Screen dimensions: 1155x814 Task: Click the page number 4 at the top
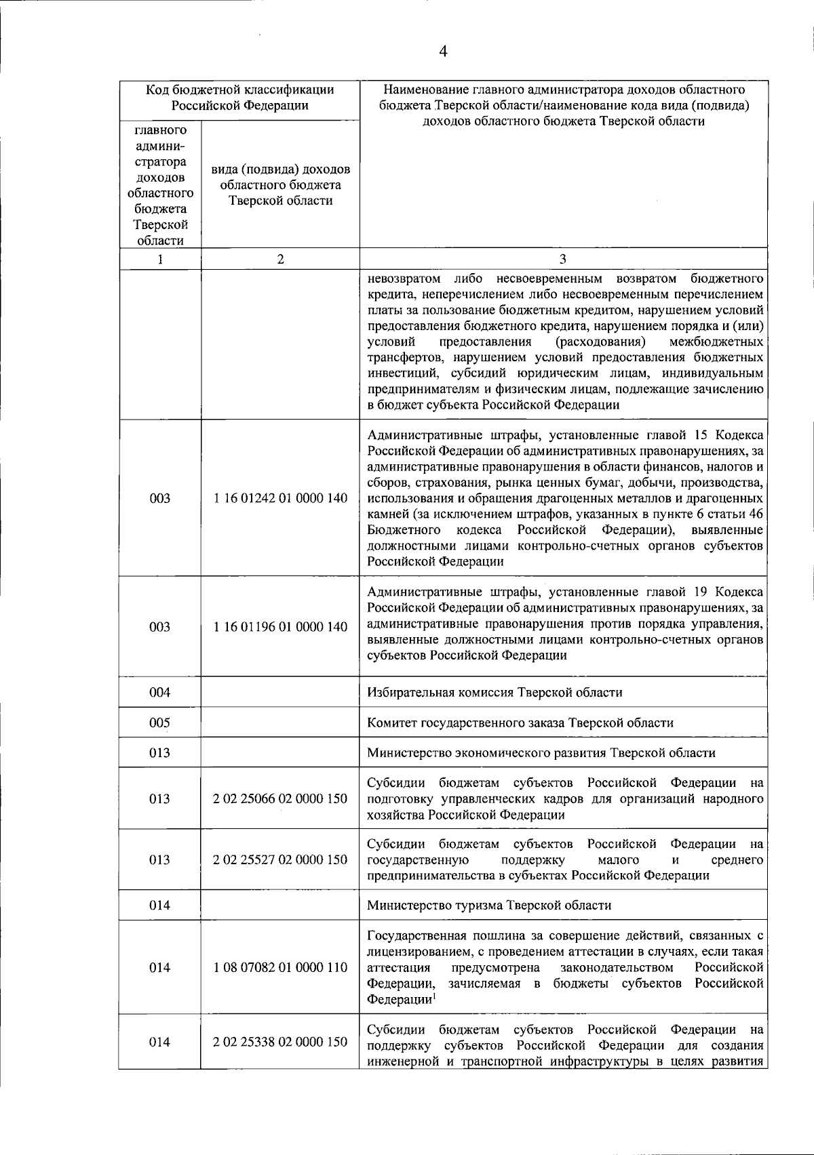(x=444, y=52)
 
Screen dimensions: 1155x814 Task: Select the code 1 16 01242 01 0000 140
(x=280, y=498)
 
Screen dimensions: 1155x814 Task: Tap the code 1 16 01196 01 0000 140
(x=280, y=627)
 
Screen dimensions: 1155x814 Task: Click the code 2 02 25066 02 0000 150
(x=280, y=798)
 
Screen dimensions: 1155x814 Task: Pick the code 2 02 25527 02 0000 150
(x=280, y=859)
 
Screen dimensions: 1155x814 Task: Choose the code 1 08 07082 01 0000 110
(x=280, y=967)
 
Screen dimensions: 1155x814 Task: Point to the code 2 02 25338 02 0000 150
(x=280, y=1042)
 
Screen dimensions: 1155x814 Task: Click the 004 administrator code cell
(x=159, y=692)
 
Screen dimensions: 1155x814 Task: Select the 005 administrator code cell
(x=159, y=723)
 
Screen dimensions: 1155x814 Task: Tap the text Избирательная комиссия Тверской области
(x=495, y=692)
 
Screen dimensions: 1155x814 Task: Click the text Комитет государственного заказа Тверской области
(x=520, y=723)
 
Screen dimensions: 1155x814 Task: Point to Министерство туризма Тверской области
(x=489, y=905)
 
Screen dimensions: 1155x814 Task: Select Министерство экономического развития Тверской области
(x=541, y=752)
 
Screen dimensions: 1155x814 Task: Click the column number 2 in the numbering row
(x=280, y=259)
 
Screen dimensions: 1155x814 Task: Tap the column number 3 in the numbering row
(x=563, y=259)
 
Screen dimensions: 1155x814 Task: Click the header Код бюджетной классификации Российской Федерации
(x=239, y=98)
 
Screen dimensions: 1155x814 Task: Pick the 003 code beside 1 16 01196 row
(x=159, y=627)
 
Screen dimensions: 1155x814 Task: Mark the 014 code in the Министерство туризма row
(x=159, y=905)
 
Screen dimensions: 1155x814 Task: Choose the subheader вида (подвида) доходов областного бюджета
(x=280, y=184)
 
